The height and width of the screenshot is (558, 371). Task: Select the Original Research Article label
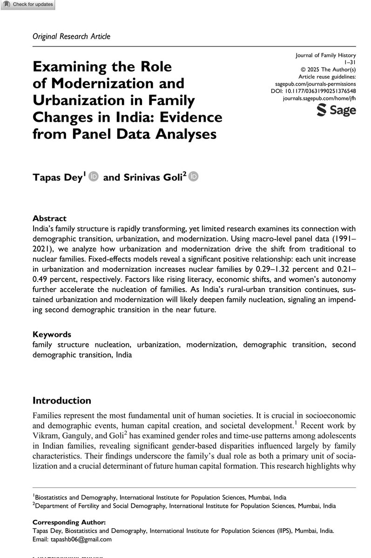71,36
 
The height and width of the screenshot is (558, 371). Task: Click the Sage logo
336,111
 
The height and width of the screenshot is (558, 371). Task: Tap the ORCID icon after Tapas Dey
93,177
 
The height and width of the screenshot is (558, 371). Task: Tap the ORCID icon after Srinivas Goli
194,177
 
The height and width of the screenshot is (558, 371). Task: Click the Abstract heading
50,218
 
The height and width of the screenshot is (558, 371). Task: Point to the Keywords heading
52,334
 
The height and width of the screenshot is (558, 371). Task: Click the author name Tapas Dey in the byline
57,178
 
